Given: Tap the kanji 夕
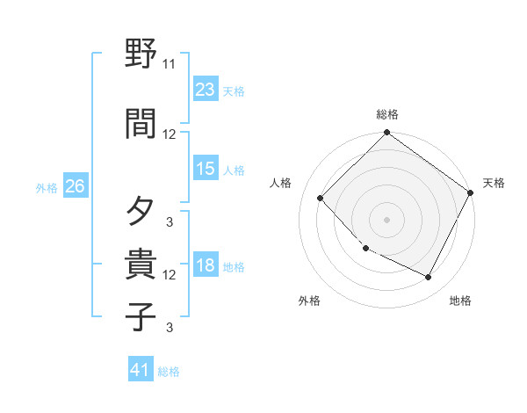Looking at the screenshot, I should (x=141, y=212).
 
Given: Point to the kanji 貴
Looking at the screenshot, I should (x=141, y=264).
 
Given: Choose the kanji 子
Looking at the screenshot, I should (x=141, y=315).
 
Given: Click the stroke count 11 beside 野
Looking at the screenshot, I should (x=169, y=64).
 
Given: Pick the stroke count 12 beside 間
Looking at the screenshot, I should (x=169, y=134).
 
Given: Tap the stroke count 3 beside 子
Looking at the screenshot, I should (x=169, y=328).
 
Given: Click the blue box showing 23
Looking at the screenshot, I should (x=206, y=90).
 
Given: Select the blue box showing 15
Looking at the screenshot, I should (x=206, y=169).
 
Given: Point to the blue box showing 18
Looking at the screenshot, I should (x=206, y=265).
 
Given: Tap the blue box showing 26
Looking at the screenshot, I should (x=75, y=186).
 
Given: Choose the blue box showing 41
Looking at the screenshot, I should (x=141, y=370).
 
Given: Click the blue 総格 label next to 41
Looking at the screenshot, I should (x=169, y=372).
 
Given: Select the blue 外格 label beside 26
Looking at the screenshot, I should (x=47, y=187).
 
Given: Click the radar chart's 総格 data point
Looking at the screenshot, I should (x=386, y=134).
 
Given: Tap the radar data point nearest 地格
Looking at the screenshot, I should (x=429, y=278).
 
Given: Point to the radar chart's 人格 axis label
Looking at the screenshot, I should (x=281, y=183).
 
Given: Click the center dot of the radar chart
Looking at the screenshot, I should (x=386, y=220).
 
